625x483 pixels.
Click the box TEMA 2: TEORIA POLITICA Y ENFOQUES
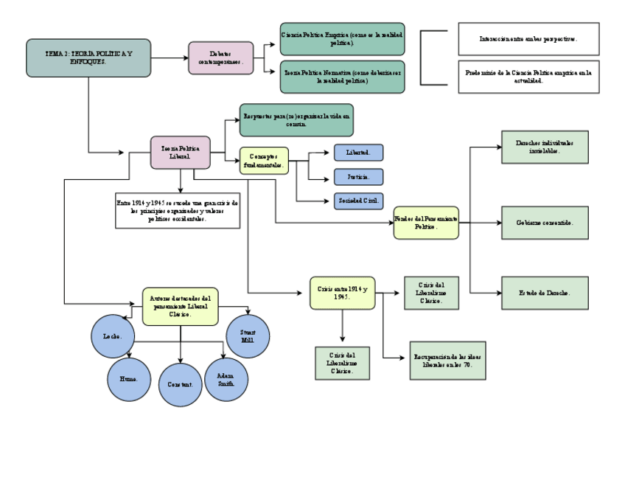pyautogui.click(x=88, y=58)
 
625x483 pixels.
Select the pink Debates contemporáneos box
pyautogui.click(x=220, y=58)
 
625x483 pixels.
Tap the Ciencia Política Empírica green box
pyautogui.click(x=342, y=39)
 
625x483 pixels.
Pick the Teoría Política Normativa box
pyautogui.click(x=342, y=77)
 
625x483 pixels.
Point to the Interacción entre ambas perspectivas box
pyautogui.click(x=528, y=39)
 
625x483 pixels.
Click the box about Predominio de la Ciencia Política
pyautogui.click(x=528, y=77)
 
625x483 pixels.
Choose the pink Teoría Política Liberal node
pyautogui.click(x=180, y=153)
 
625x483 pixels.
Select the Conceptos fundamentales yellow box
pyautogui.click(x=263, y=161)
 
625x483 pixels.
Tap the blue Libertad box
pyautogui.click(x=358, y=153)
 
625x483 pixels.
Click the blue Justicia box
pyautogui.click(x=358, y=177)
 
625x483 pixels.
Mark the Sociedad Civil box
pyautogui.click(x=358, y=201)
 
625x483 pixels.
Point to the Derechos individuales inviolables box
pyautogui.click(x=545, y=147)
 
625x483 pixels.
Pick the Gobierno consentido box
pyautogui.click(x=545, y=223)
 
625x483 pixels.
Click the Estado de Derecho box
pyautogui.click(x=545, y=293)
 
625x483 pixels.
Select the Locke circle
pyautogui.click(x=113, y=336)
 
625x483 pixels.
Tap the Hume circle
pyautogui.click(x=129, y=379)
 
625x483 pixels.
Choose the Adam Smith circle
pyautogui.click(x=226, y=379)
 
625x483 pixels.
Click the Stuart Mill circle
pyautogui.click(x=248, y=336)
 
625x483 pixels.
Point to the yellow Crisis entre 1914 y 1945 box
pyautogui.click(x=342, y=293)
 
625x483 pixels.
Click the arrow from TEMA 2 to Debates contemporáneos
pyautogui.click(x=169, y=58)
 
